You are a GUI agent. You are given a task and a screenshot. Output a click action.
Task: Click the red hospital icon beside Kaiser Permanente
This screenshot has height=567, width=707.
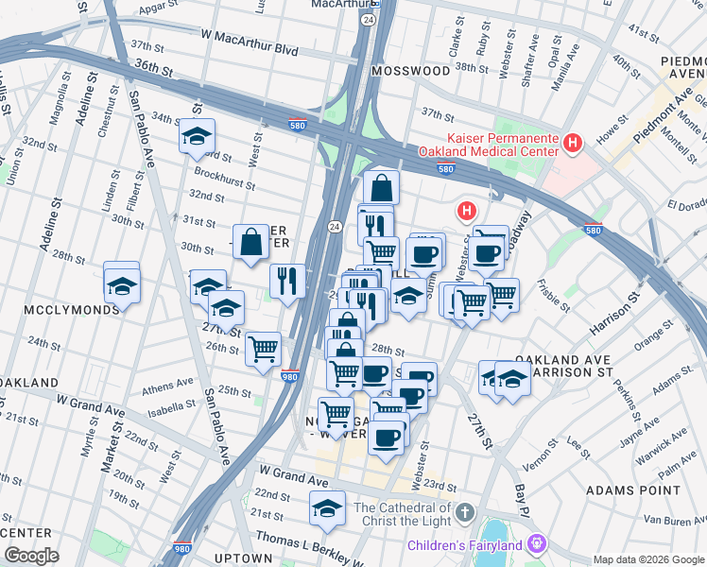click(x=572, y=143)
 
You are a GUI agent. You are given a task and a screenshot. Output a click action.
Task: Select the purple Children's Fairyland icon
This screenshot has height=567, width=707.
click(x=537, y=544)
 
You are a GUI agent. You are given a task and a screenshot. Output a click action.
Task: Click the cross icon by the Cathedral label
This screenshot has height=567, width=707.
click(x=463, y=513)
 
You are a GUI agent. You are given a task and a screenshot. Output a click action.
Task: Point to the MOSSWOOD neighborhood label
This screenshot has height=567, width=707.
click(x=411, y=71)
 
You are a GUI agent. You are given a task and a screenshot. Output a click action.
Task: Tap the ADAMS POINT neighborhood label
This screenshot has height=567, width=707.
click(x=632, y=490)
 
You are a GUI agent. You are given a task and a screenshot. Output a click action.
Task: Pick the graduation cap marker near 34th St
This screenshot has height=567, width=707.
click(x=197, y=136)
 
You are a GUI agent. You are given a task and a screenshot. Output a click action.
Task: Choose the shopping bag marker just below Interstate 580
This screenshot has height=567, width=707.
click(x=380, y=187)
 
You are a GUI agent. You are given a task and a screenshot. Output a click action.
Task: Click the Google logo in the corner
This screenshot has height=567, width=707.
click(x=31, y=555)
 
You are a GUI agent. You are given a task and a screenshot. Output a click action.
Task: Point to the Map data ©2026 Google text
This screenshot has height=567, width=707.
click(x=647, y=559)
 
